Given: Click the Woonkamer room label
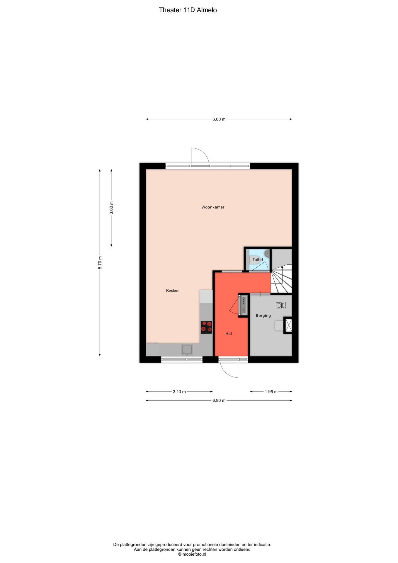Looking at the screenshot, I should coord(213,207).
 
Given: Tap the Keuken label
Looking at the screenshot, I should coord(173,291).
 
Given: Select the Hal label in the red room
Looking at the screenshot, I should coord(229,333).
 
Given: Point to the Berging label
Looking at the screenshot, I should coord(263,316).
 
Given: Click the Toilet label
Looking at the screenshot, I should coord(258,260).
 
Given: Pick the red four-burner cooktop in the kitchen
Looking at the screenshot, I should coord(206,327).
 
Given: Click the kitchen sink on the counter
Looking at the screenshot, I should coord(187,350).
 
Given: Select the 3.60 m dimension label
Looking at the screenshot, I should coord(111,208).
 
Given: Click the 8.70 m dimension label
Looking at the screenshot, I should coord(100,263).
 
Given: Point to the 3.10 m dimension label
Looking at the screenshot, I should coord(179,392).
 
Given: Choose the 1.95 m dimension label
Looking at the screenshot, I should coord(271,392).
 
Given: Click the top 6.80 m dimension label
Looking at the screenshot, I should coord(219,119).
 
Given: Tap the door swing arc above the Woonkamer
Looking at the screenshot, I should coord(200,156).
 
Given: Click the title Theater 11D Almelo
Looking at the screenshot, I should coord(188,10).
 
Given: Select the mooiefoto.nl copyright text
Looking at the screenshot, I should coord(192,554).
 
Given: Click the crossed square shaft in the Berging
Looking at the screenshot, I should coord(288,325).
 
